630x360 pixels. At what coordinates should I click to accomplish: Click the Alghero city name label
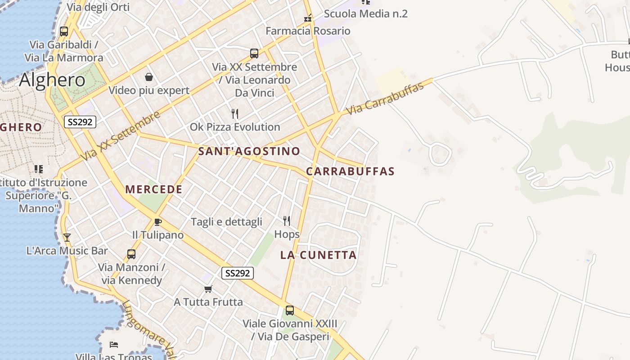coord(52,80)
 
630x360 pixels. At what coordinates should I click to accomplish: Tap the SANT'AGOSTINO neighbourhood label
coord(249,151)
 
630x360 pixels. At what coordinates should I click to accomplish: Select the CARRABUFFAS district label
coord(350,171)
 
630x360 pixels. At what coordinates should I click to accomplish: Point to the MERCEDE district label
coord(154,189)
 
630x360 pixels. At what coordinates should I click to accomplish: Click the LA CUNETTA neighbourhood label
coord(318,255)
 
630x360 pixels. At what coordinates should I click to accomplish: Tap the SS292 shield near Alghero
coord(80,122)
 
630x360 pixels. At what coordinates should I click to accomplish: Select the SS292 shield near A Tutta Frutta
coord(238,273)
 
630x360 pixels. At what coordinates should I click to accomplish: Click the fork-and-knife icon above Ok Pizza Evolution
coord(234,113)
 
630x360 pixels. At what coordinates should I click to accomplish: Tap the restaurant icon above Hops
coord(287,220)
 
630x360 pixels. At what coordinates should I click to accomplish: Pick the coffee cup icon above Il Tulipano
coord(157,222)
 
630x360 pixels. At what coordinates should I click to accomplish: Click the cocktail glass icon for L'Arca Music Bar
coord(67,237)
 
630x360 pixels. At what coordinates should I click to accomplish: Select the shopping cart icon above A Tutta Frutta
coord(208,289)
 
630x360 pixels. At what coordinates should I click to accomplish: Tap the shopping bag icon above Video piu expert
coord(149,77)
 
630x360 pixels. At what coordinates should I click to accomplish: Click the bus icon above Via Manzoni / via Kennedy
coord(131,254)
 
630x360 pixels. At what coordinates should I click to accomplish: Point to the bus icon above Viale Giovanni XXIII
coord(290,310)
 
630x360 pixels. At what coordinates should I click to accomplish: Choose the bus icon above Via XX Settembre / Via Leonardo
coord(254,54)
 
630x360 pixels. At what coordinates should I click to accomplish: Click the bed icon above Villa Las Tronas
coord(114,345)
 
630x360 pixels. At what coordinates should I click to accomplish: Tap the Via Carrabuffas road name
coord(385,98)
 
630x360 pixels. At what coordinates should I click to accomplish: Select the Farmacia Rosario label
coord(308,31)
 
